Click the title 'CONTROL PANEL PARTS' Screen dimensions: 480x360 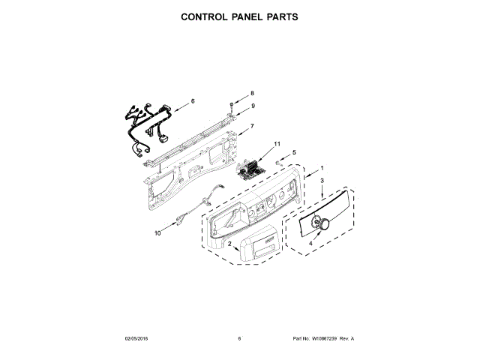click(240, 16)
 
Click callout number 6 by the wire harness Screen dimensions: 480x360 click(192, 100)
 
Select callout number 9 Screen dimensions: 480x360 click(253, 106)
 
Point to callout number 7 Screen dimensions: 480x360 click(252, 125)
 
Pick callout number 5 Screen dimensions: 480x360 click(294, 152)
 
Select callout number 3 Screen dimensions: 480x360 click(322, 181)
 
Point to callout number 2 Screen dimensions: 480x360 click(229, 244)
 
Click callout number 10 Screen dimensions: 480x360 click(157, 233)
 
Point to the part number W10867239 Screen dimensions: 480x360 click(324, 338)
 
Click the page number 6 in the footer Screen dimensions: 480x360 click(239, 338)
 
